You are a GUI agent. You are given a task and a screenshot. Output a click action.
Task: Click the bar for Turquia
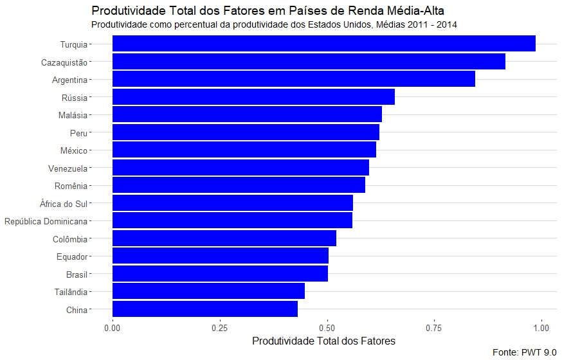[324, 44]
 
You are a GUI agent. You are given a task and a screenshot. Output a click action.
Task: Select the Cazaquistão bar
[309, 62]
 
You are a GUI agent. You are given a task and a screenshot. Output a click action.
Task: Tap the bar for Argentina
[294, 79]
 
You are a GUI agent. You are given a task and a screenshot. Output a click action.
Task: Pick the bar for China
[205, 309]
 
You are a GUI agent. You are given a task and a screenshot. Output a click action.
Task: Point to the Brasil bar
[220, 274]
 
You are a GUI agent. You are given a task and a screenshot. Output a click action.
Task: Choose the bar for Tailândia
[208, 291]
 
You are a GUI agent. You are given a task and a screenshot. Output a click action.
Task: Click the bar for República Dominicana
[232, 221]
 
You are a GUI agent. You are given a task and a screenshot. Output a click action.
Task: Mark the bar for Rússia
[253, 97]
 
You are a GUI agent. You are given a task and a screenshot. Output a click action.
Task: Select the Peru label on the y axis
[78, 133]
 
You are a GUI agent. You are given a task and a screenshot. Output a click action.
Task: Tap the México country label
[73, 150]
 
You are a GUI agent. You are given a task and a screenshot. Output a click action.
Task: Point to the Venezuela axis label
[68, 168]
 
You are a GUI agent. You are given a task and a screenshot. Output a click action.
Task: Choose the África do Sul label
[63, 204]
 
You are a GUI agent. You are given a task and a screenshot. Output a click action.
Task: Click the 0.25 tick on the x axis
[220, 327]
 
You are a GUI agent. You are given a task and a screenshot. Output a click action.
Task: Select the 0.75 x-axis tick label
[434, 327]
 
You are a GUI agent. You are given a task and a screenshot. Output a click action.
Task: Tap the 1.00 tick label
[541, 327]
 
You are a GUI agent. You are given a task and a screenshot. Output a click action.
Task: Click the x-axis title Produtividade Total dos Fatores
[323, 340]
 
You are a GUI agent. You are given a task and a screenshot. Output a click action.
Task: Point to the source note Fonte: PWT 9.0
[524, 352]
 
